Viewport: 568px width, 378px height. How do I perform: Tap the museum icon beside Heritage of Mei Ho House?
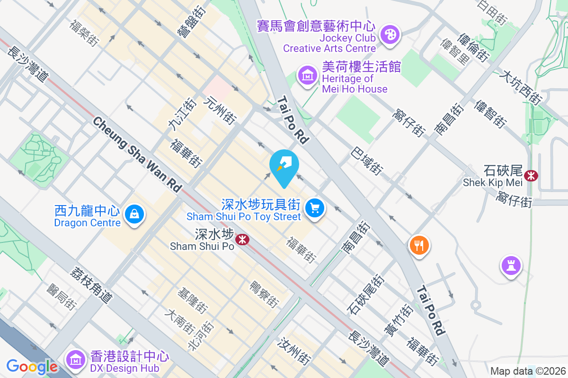tap(308, 75)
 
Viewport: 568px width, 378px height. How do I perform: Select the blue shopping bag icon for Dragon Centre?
tap(135, 215)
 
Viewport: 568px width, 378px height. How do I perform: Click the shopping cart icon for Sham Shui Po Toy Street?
tap(314, 208)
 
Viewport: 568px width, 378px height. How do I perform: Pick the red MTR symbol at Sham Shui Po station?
tap(243, 240)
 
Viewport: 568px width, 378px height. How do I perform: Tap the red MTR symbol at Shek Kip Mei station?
tap(532, 176)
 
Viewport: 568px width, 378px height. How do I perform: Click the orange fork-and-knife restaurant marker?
tap(419, 245)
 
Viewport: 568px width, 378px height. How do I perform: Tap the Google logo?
tap(32, 367)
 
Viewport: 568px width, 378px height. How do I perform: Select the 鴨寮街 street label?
tap(264, 294)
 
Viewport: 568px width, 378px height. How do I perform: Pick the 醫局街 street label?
tap(61, 297)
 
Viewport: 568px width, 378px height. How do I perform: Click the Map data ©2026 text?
tap(527, 371)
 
